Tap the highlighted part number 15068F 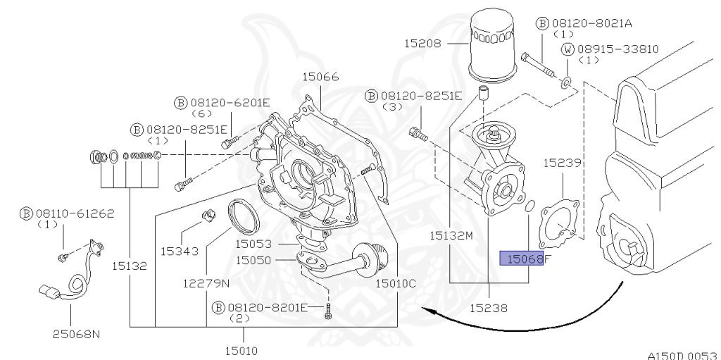pos(525,259)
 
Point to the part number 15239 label pos(561,162)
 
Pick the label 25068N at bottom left pos(75,333)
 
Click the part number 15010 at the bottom pos(242,349)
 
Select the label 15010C pos(396,284)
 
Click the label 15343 pos(180,250)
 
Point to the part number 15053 pos(253,244)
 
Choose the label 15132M pos(452,235)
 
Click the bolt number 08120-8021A pos(590,23)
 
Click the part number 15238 pos(490,308)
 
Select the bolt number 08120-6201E pos(230,102)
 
